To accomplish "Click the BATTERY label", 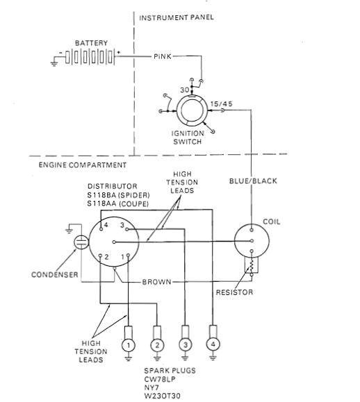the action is [91, 43].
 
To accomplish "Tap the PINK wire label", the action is [163, 56].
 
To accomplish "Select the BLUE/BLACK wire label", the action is [253, 181].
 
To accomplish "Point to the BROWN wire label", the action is [156, 282].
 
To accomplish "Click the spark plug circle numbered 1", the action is [129, 345].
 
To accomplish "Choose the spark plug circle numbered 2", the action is [157, 345].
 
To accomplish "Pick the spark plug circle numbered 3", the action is [186, 344].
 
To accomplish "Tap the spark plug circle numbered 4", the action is [213, 344].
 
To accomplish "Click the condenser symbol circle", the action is [81, 242].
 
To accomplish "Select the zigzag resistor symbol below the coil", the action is [252, 266].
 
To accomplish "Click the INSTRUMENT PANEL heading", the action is [177, 17].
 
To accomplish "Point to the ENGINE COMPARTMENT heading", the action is [83, 165].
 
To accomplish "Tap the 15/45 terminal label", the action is [222, 104].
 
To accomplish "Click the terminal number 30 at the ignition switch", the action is [185, 90].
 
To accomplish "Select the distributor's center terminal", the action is [114, 242].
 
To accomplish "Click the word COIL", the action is [272, 221].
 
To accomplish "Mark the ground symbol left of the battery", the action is [54, 63].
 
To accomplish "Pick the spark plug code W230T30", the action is [162, 396].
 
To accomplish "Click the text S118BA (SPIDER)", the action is [118, 195].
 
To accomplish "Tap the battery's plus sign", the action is [119, 53].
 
